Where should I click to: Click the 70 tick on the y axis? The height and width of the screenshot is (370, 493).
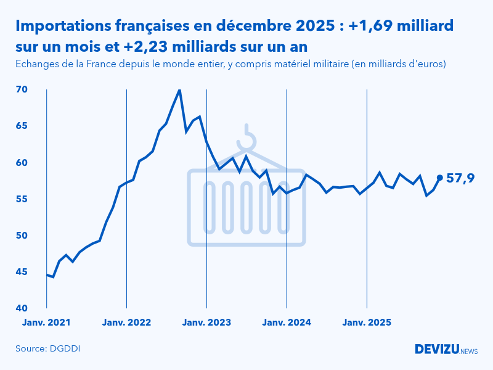click(x=22, y=89)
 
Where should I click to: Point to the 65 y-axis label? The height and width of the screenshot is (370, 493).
click(x=22, y=126)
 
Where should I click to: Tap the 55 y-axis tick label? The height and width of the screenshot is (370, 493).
click(x=22, y=199)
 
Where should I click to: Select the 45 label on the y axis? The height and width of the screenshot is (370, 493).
click(x=22, y=272)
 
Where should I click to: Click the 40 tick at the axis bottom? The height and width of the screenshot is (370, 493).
click(x=22, y=308)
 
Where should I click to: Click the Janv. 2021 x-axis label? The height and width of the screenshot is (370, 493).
click(x=46, y=323)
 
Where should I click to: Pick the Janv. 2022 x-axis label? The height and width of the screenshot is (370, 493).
click(x=126, y=323)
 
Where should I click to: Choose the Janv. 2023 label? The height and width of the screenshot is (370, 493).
click(x=206, y=323)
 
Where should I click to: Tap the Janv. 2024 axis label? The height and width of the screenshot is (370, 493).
click(x=287, y=323)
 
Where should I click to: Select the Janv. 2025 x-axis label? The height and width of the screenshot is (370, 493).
click(x=367, y=323)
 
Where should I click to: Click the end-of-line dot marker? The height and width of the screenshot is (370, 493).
click(x=439, y=178)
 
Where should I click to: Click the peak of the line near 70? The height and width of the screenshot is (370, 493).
click(x=179, y=90)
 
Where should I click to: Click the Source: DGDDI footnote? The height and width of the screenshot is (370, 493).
click(x=48, y=348)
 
